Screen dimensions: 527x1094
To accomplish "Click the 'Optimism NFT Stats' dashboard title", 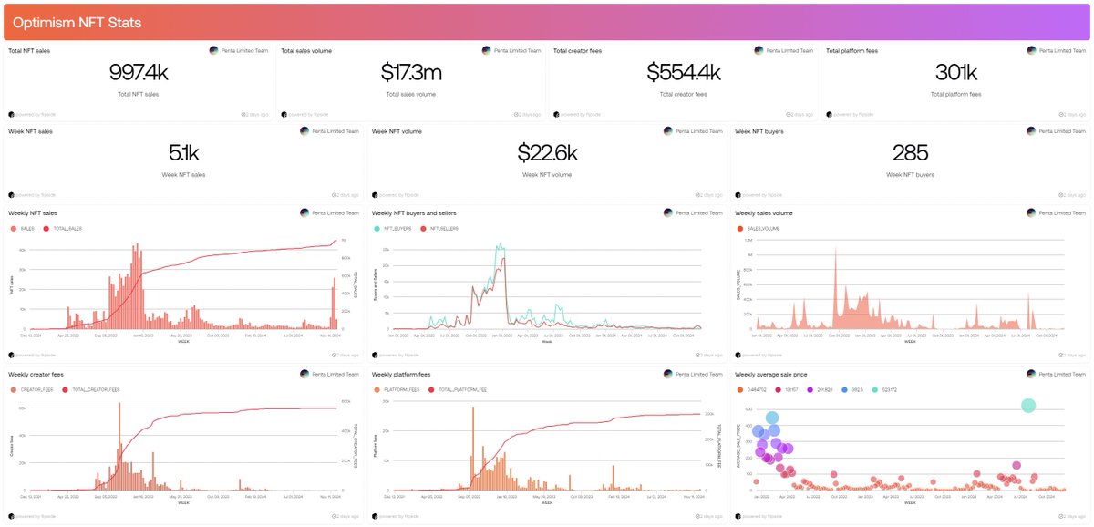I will (x=77, y=22).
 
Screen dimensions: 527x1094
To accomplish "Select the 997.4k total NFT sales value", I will (x=139, y=74).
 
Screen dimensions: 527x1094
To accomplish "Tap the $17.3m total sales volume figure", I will (x=412, y=74).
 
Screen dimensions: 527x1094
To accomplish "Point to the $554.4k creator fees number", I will (x=684, y=74).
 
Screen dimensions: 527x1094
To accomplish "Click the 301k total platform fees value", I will (x=956, y=74).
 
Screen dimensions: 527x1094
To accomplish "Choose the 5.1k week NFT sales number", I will (x=185, y=154).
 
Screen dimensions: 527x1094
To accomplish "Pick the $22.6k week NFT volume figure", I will (x=548, y=154).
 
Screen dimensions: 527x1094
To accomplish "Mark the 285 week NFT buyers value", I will (x=911, y=154).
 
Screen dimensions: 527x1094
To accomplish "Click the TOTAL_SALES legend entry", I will (x=66, y=229).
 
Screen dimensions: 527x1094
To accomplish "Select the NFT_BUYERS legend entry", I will (x=393, y=229).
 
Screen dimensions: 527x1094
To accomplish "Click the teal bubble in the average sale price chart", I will (x=1028, y=406).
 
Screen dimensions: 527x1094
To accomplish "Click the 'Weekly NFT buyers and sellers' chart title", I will (x=414, y=213).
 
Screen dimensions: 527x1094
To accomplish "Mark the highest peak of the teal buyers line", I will (x=499, y=244).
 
